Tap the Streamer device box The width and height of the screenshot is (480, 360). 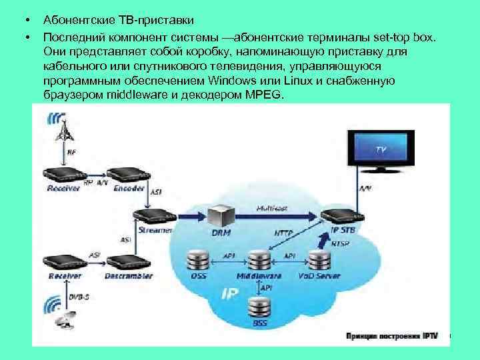154,216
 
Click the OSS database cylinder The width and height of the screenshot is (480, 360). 198,259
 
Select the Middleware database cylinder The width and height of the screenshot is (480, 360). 258,259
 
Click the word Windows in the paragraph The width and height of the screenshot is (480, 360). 206,81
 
